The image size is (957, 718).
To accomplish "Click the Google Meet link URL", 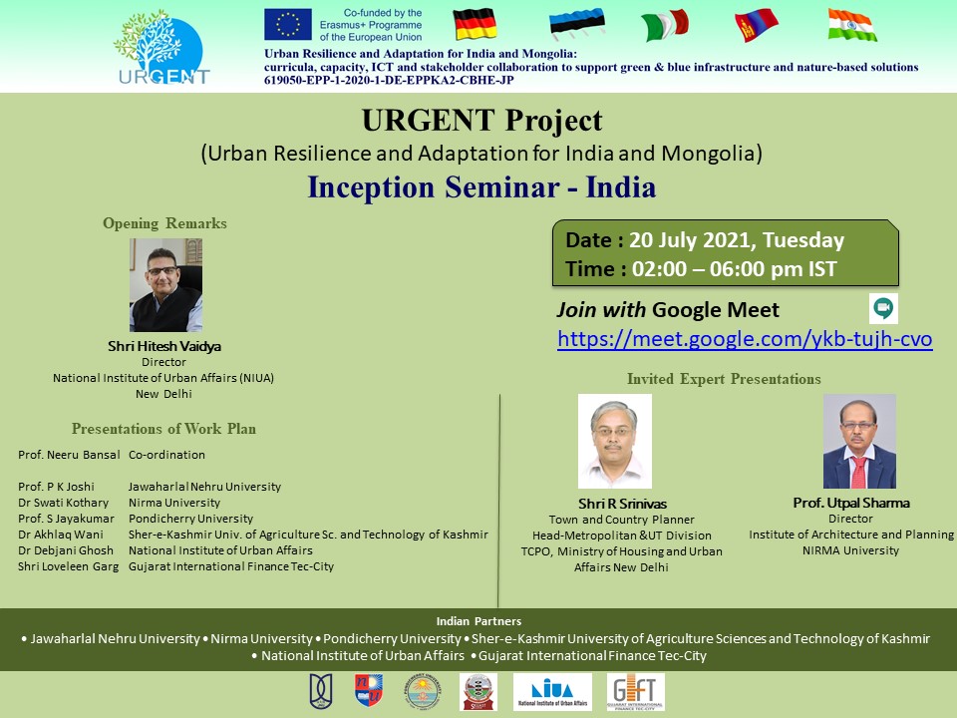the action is click(745, 339).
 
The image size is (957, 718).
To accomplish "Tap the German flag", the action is click(475, 24).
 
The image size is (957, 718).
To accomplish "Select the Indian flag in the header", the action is click(852, 24).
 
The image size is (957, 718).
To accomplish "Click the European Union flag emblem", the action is click(287, 24).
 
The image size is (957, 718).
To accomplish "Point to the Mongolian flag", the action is click(757, 24).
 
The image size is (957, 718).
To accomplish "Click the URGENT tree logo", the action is click(161, 47).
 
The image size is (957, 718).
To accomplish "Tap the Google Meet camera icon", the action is click(883, 308).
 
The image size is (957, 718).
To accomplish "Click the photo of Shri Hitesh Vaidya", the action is click(166, 285).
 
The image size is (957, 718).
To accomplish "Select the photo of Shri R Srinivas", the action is click(615, 441).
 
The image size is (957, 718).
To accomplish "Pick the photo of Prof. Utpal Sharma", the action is click(859, 441).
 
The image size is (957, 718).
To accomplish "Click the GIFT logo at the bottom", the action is click(635, 692).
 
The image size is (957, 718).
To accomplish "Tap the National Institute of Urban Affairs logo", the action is click(552, 692).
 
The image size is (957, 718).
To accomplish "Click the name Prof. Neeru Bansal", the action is click(69, 455).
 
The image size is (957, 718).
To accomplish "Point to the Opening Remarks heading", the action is click(164, 223).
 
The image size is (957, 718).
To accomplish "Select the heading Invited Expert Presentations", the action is click(724, 379).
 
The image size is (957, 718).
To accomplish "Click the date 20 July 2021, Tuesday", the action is click(737, 240).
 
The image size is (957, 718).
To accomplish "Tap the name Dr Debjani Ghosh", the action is click(66, 550).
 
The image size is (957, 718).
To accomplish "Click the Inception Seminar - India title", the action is click(481, 186).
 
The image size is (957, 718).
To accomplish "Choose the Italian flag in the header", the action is click(665, 24).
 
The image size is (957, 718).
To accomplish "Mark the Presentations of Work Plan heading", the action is click(163, 429).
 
